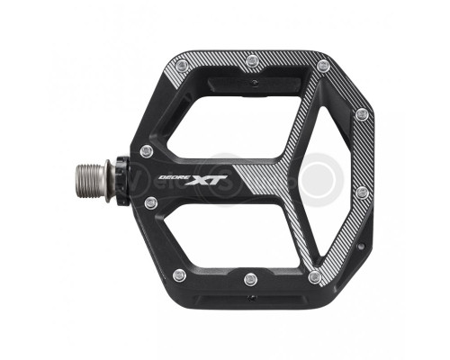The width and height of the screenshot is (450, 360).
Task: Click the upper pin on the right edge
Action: (362, 114)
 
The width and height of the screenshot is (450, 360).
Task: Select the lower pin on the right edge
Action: (362, 192)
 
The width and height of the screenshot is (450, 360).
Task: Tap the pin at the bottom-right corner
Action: (314, 276)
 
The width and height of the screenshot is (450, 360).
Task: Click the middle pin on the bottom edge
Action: (247, 291)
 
